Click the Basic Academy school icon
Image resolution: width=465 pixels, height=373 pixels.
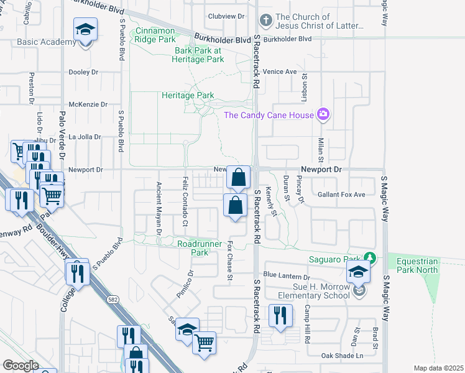pos(86,30)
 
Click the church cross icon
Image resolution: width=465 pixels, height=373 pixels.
pos(265,21)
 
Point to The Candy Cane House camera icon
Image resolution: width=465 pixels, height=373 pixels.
pos(323,114)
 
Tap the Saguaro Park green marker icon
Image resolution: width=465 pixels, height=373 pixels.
pos(371,257)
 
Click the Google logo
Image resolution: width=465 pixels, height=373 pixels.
pos(21,365)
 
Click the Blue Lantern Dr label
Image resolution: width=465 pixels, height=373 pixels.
pos(287,275)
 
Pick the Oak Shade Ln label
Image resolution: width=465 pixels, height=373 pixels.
pos(342,356)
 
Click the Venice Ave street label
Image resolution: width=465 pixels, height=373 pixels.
pos(280,71)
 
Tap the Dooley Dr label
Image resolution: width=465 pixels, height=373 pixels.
pos(84,72)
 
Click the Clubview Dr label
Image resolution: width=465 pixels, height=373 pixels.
pos(224,16)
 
